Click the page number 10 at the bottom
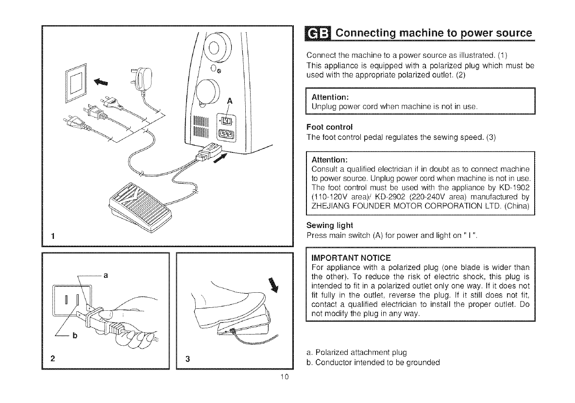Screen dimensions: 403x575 click(x=285, y=379)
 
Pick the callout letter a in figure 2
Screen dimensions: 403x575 click(x=105, y=275)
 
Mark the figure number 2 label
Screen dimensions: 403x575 click(x=51, y=360)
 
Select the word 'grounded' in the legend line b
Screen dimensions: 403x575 click(x=423, y=362)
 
